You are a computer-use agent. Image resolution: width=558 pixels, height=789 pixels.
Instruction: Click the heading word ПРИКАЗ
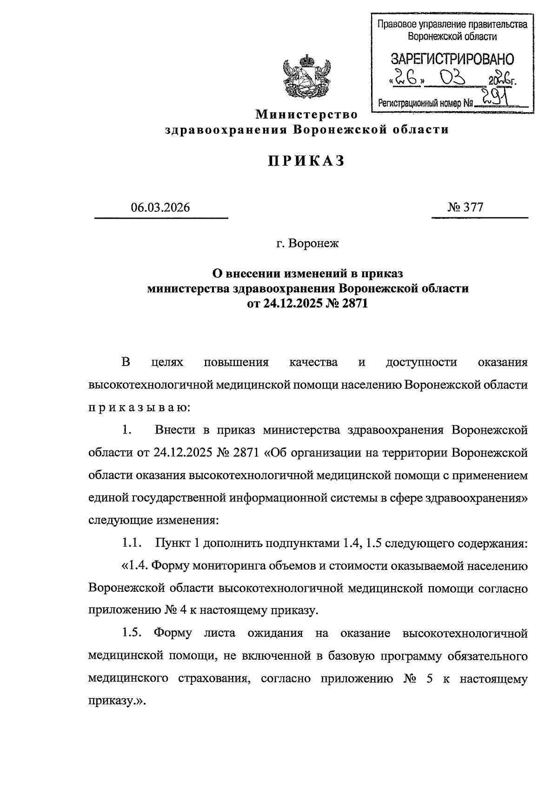pos(307,161)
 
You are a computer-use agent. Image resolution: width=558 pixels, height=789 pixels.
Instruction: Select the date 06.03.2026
pos(160,207)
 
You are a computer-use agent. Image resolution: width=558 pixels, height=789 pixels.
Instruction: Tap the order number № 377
pos(465,207)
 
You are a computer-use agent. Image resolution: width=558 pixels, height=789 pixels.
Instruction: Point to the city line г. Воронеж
pos(307,243)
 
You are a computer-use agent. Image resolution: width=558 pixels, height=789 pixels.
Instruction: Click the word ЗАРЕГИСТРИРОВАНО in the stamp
pos(452,59)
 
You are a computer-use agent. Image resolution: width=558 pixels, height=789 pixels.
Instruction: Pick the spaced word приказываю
pos(139,408)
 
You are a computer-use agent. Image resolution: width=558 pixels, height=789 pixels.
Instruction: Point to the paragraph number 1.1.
pos(131,543)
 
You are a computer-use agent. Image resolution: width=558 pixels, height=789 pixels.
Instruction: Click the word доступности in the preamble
pos(421,363)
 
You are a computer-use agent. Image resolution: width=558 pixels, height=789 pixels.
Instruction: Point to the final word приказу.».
pos(117,702)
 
